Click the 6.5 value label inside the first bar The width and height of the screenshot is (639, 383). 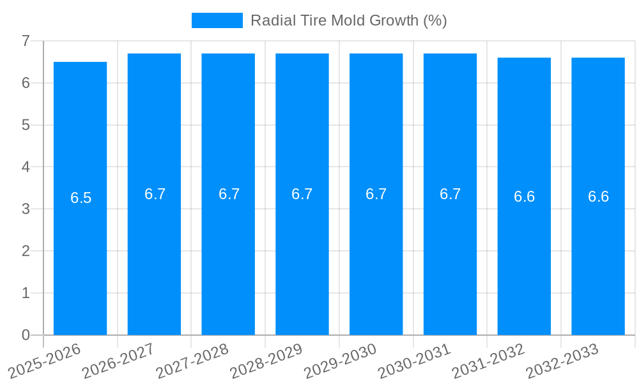pyautogui.click(x=81, y=198)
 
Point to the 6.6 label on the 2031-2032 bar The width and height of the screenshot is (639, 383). pyautogui.click(x=524, y=197)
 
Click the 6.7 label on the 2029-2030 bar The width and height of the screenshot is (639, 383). pyautogui.click(x=376, y=194)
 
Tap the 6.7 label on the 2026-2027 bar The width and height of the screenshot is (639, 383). pyautogui.click(x=155, y=194)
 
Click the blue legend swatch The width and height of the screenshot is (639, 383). pyautogui.click(x=217, y=20)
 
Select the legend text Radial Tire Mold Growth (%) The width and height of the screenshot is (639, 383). pyautogui.click(x=348, y=20)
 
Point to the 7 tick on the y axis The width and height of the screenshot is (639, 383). pyautogui.click(x=26, y=41)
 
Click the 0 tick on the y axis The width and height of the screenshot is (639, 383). pyautogui.click(x=26, y=335)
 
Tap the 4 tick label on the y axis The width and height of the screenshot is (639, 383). pyautogui.click(x=26, y=167)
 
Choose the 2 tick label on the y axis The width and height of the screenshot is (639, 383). pyautogui.click(x=26, y=251)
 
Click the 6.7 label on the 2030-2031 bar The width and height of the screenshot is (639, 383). pyautogui.click(x=450, y=194)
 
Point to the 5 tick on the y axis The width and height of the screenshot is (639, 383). pyautogui.click(x=26, y=125)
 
